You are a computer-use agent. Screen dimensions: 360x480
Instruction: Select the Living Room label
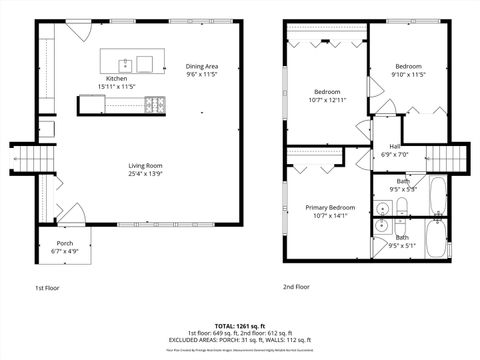[146, 165]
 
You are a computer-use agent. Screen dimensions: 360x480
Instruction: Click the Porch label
[64, 243]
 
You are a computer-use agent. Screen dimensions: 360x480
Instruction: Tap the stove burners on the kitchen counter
[155, 103]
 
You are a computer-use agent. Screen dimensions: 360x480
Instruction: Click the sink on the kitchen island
[145, 64]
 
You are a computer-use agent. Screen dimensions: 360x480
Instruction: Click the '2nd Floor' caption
[296, 287]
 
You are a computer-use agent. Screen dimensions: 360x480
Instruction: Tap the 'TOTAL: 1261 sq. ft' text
[239, 326]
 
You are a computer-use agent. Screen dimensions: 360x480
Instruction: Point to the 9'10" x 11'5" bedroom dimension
[410, 74]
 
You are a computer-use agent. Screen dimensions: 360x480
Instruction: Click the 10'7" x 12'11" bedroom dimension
[327, 100]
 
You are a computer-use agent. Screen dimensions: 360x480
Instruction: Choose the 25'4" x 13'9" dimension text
[146, 174]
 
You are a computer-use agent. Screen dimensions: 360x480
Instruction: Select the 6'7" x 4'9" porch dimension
[64, 251]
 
